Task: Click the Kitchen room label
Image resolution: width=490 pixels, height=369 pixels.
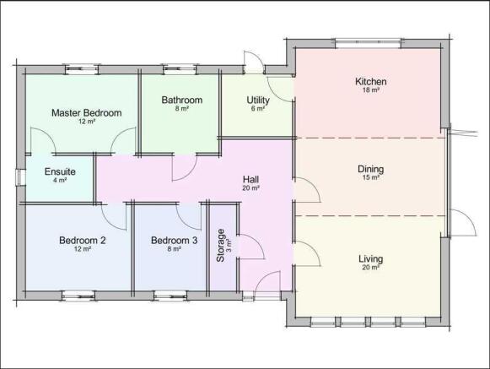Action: [x=370, y=82]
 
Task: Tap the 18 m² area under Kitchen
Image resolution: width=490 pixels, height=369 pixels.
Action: [x=370, y=90]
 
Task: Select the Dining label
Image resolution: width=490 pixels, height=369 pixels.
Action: [x=370, y=170]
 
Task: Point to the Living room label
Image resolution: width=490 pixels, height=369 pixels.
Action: [x=370, y=259]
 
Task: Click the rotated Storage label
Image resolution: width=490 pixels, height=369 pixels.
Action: [x=221, y=246]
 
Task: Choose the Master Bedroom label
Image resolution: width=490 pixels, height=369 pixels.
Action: [x=87, y=113]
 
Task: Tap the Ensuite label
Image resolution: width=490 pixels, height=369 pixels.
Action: [x=60, y=171]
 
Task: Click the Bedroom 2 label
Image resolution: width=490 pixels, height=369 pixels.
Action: [x=82, y=241]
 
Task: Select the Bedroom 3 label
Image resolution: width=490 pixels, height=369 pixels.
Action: [x=174, y=241]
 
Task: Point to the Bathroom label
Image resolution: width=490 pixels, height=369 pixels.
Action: [x=182, y=100]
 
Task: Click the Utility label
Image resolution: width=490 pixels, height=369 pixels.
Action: [x=258, y=100]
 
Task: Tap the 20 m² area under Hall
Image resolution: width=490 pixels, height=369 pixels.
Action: [x=250, y=188]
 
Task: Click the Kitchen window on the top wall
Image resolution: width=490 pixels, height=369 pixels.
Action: [x=368, y=44]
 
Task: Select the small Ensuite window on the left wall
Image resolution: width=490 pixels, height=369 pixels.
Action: [x=20, y=177]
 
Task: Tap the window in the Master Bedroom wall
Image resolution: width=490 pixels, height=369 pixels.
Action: [x=82, y=69]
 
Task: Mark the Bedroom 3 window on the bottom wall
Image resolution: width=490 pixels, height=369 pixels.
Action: [x=170, y=296]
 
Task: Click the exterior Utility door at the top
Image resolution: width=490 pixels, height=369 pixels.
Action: [x=255, y=62]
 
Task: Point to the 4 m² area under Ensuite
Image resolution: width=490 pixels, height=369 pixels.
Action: [x=60, y=180]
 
